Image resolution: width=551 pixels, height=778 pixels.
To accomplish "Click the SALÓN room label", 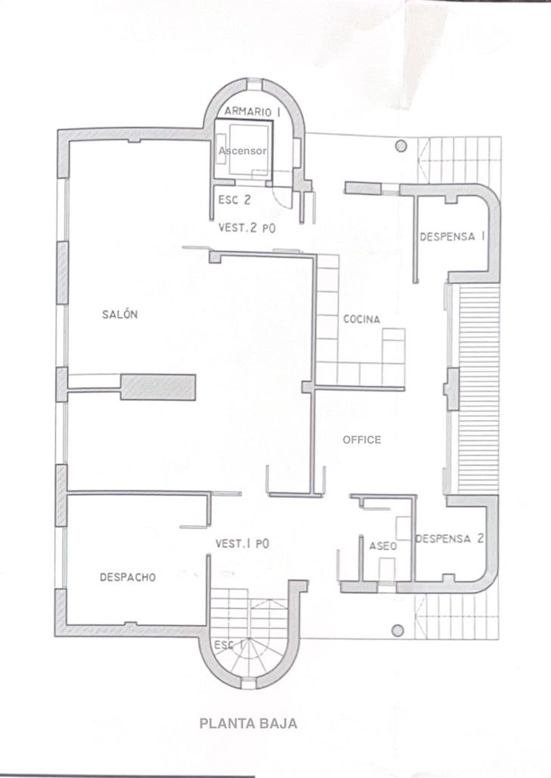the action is (120, 314).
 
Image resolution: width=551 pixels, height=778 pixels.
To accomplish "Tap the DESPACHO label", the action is (128, 577).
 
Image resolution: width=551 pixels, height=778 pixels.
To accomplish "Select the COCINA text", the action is (361, 319).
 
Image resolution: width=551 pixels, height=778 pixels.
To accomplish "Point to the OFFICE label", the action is (362, 439).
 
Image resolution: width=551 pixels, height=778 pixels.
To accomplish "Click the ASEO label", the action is (383, 546).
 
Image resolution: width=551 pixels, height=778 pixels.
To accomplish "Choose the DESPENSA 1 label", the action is (452, 236).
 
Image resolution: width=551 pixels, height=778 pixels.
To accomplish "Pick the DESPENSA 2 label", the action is (449, 539).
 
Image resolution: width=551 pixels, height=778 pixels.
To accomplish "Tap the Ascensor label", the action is (242, 151).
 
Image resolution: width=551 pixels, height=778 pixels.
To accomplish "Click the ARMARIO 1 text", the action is (252, 111).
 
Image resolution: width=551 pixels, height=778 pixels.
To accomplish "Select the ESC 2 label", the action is (234, 200).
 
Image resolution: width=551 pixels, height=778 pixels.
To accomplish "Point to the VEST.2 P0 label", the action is (247, 228).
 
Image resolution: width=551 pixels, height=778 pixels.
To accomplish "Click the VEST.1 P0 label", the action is (242, 543).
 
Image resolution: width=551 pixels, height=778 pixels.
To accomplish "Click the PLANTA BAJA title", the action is (248, 723).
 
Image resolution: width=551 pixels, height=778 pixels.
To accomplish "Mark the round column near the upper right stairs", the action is (401, 146).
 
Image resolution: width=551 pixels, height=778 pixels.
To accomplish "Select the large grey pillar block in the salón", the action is (158, 387).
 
